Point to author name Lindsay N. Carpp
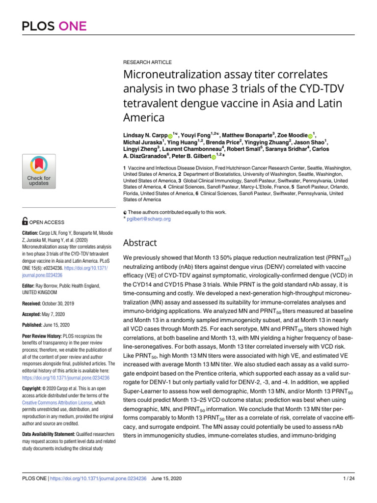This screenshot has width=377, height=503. click(x=145, y=135)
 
